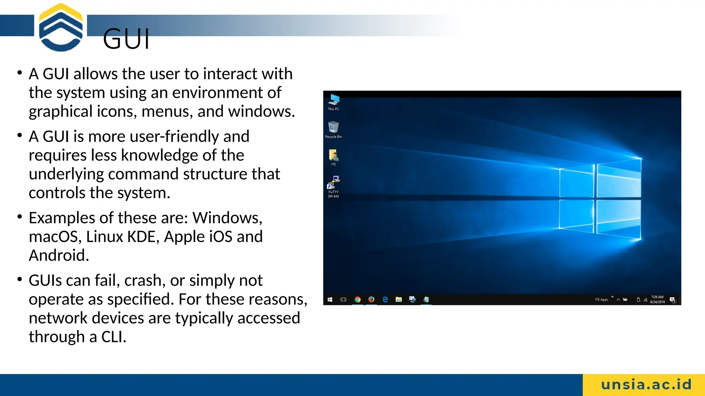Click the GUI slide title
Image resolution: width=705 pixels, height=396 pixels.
coord(126,39)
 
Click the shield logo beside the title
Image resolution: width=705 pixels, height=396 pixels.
coord(61,27)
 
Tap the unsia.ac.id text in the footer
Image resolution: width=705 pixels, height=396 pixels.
coord(646,385)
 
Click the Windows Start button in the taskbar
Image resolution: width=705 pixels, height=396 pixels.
coord(330,299)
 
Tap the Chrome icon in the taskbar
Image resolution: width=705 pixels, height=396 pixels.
coord(357,299)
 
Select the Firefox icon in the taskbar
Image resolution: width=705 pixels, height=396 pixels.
coord(371,299)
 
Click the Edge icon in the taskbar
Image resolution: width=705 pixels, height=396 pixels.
coord(385,299)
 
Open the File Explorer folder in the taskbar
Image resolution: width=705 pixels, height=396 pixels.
coord(399,299)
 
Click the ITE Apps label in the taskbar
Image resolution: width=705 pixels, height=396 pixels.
coord(601,299)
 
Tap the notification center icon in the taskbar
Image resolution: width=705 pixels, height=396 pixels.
coord(672,299)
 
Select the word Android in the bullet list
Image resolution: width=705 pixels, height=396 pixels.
coord(59,255)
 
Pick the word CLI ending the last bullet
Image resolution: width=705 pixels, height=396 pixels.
coord(114,337)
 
